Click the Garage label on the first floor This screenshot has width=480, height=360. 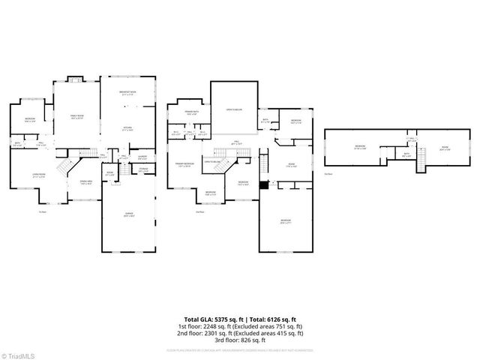(128, 214)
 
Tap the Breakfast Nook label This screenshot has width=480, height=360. (127, 93)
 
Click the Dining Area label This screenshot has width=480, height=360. (86, 181)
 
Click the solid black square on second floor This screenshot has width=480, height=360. (263, 184)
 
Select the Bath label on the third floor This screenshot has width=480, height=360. (406, 154)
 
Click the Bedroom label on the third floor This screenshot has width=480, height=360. (360, 146)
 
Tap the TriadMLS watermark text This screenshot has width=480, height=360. (19, 354)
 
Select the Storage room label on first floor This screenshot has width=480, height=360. (142, 169)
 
